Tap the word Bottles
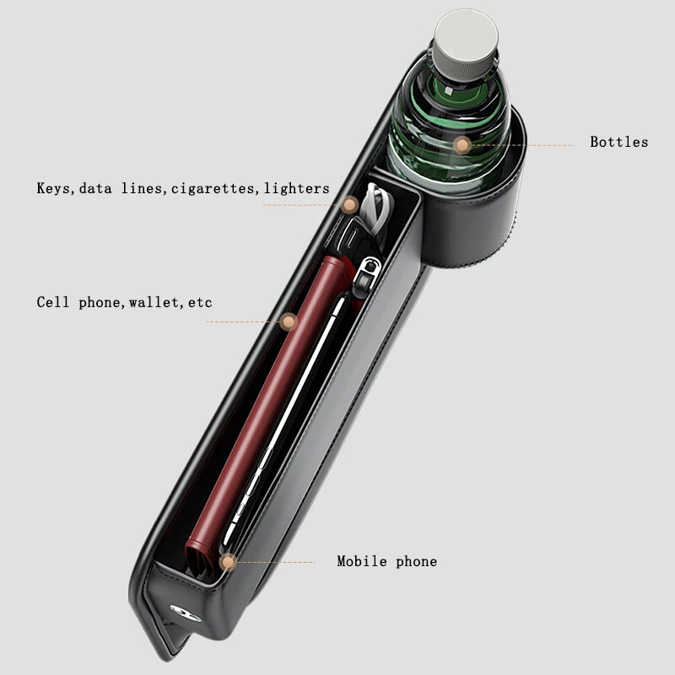(x=619, y=142)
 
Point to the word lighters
(x=297, y=188)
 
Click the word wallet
(x=154, y=302)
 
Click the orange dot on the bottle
(x=462, y=145)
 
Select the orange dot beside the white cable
(x=350, y=205)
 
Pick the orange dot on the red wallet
(x=288, y=321)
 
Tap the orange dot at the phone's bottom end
(x=228, y=562)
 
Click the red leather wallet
(x=267, y=413)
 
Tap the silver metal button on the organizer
(x=185, y=613)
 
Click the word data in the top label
(x=95, y=188)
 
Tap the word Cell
(x=52, y=302)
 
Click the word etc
(x=200, y=303)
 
